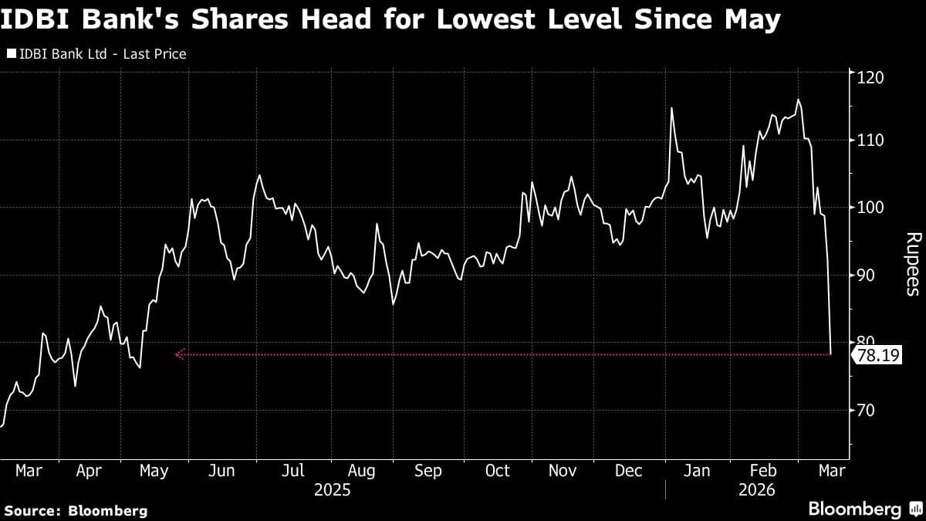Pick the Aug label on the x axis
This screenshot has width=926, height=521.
click(361, 471)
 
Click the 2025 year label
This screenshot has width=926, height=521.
click(333, 490)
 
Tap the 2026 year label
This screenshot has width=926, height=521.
click(756, 490)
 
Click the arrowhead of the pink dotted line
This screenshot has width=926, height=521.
click(179, 355)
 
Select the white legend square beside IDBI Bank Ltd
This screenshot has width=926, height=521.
click(10, 54)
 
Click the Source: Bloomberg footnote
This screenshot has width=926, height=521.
click(76, 510)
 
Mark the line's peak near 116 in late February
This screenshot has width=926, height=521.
click(798, 100)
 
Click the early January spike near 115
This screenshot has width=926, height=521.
click(671, 108)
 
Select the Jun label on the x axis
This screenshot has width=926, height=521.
click(223, 471)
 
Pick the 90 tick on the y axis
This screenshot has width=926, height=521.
click(864, 276)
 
